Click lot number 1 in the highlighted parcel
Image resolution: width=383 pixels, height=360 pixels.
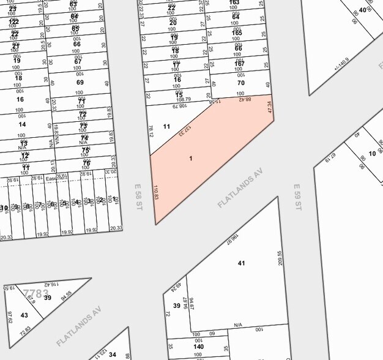(190, 159)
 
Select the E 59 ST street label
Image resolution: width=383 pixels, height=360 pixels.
(297, 198)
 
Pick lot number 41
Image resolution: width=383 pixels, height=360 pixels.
(241, 263)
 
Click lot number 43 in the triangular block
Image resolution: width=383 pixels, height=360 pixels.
(24, 315)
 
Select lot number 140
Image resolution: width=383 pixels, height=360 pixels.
(198, 347)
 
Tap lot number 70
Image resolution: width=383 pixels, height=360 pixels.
(240, 83)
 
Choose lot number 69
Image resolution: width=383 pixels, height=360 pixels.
(80, 83)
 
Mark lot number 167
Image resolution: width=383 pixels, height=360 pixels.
(239, 63)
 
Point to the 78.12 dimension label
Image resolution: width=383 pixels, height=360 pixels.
(151, 131)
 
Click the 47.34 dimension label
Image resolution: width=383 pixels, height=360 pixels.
(269, 108)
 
